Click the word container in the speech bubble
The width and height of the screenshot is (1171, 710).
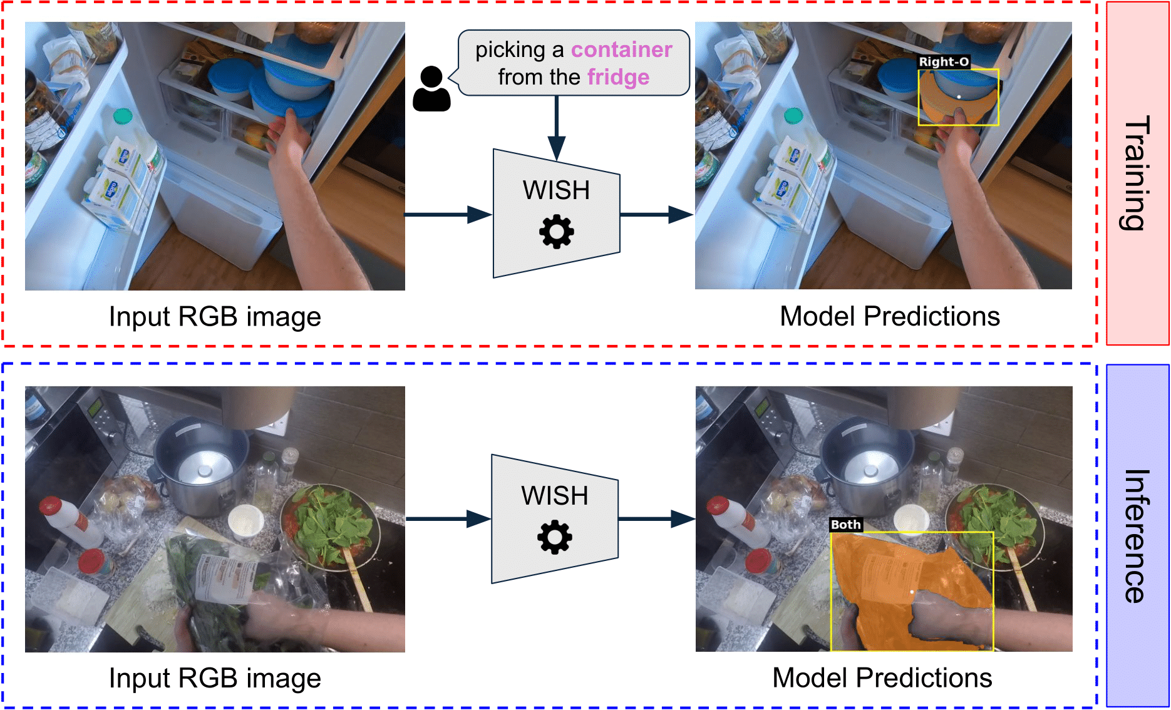(x=621, y=50)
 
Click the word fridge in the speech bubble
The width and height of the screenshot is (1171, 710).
(x=618, y=78)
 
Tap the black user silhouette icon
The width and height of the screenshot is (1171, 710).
(x=431, y=89)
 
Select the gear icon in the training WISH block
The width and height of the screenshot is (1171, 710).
(x=556, y=232)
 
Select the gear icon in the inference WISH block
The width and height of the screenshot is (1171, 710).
(x=555, y=537)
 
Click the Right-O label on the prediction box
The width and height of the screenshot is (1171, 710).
(x=944, y=62)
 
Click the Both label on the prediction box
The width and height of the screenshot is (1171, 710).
(x=845, y=525)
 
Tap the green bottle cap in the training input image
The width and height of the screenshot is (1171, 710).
(x=123, y=116)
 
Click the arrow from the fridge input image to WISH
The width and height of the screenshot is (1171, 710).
(x=448, y=215)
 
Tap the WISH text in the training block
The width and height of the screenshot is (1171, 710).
(x=556, y=190)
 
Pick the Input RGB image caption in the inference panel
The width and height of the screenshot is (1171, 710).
(x=215, y=679)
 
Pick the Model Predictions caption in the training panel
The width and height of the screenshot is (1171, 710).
(x=889, y=317)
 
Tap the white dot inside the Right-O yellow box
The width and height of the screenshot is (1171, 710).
(x=959, y=96)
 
